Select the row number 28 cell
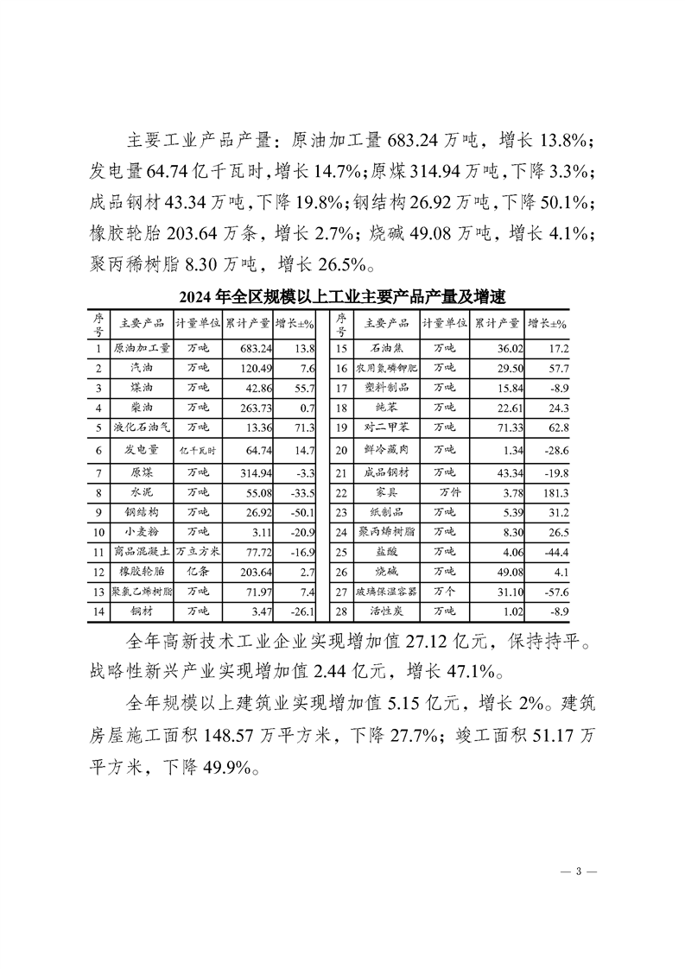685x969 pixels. [x=341, y=611]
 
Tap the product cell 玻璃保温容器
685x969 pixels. [x=387, y=592]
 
